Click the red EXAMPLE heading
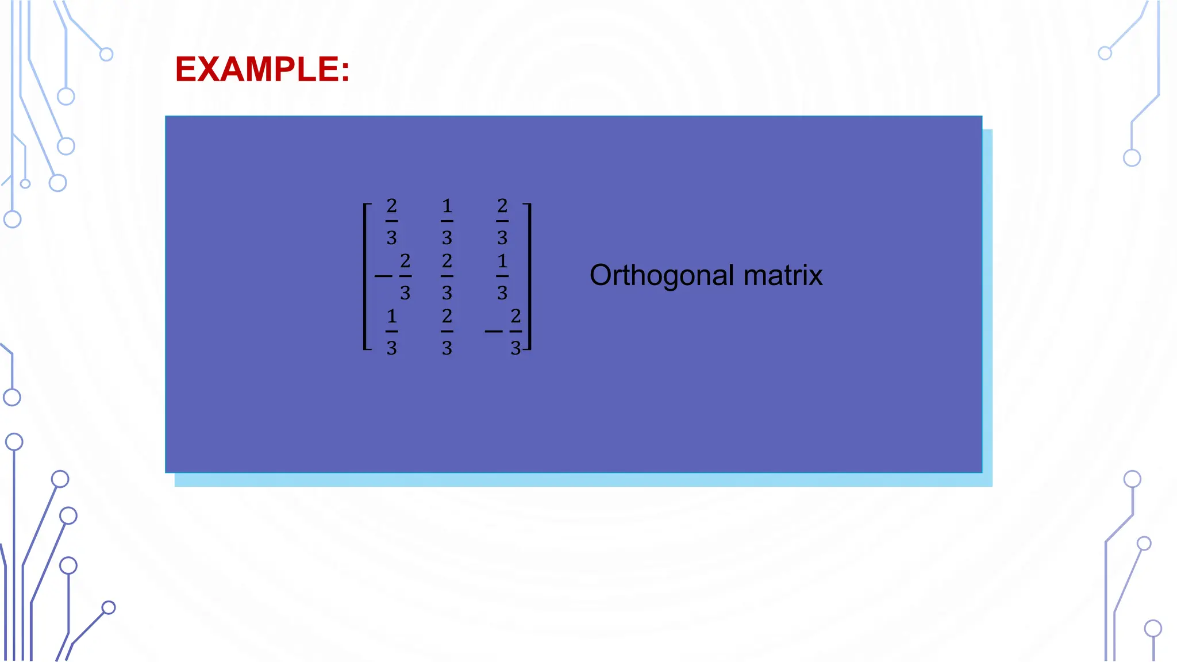tap(262, 70)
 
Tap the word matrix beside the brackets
tap(783, 275)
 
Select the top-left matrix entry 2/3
tap(391, 221)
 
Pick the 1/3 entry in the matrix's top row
tap(447, 221)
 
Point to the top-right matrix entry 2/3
tap(502, 221)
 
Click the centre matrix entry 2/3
tap(447, 276)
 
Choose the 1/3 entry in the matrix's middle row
tap(502, 276)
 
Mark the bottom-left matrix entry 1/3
tap(391, 332)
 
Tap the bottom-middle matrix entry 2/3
tap(447, 332)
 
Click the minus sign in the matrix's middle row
tap(383, 276)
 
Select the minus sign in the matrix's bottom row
tap(493, 332)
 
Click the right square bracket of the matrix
tap(529, 276)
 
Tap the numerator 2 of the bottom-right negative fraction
tap(516, 315)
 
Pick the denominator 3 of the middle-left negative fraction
tap(405, 293)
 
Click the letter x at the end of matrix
tap(815, 277)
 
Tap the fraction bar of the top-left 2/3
tap(391, 221)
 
